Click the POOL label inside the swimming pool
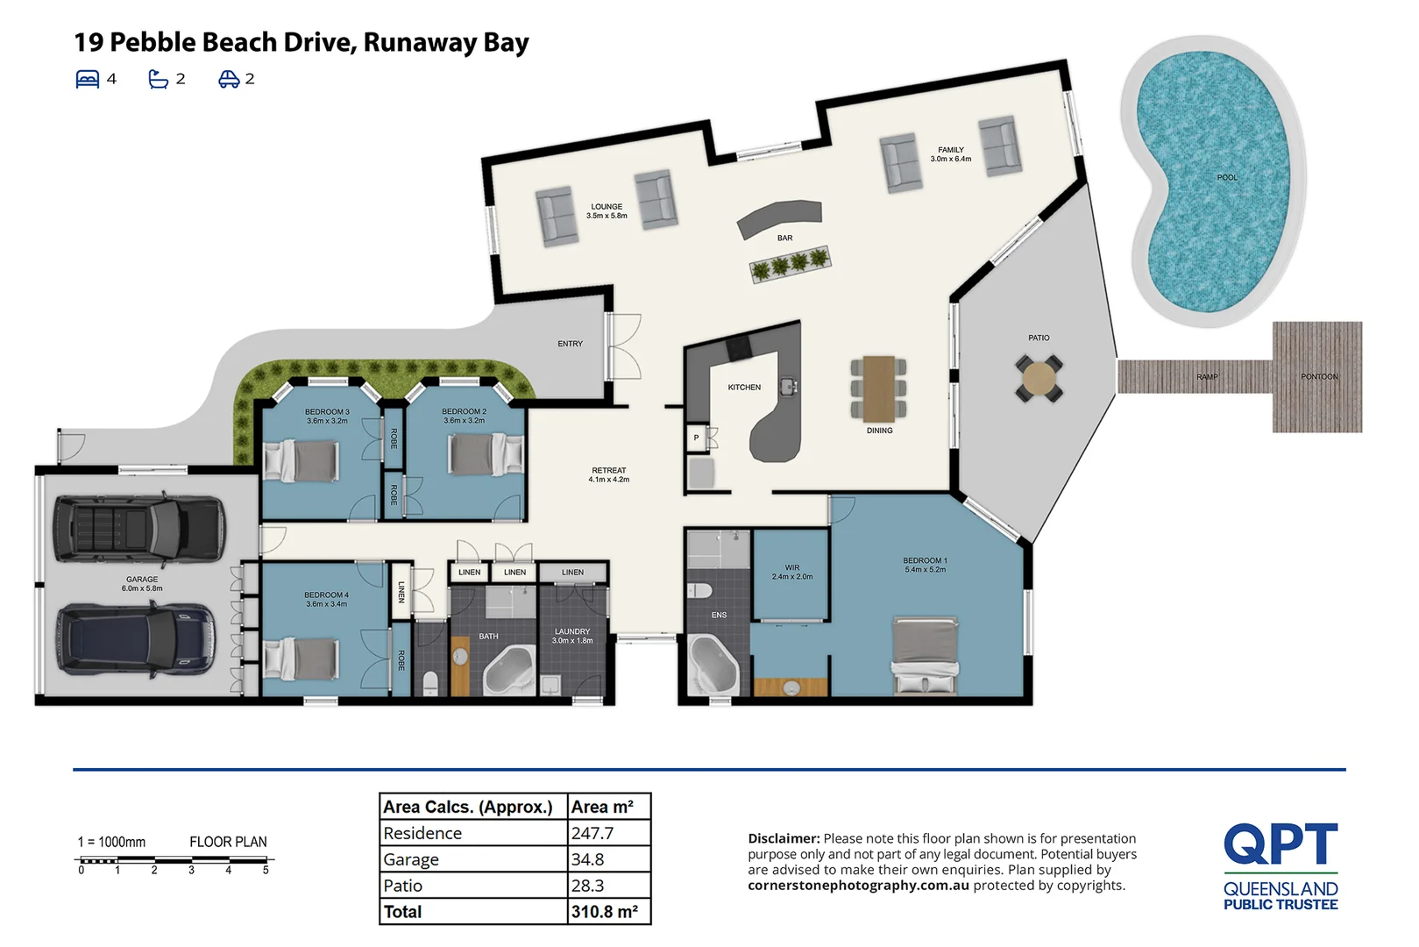1226,178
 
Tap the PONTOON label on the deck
1318,377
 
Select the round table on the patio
1039,379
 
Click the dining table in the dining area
878,388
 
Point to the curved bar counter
779,217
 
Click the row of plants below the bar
790,264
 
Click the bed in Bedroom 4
302,659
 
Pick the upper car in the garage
138,529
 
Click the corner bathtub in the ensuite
713,664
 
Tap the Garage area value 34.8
588,859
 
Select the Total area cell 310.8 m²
605,912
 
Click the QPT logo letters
1280,844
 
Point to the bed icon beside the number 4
88,79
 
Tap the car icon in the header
229,79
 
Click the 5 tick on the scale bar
266,870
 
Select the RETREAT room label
608,471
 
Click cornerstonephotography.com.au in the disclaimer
858,886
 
